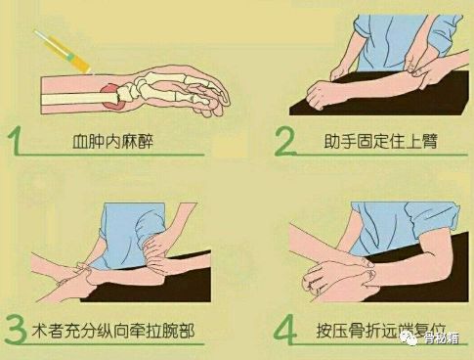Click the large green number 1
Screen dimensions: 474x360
click(16, 140)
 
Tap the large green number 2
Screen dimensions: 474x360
click(284, 141)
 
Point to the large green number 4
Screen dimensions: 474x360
click(284, 330)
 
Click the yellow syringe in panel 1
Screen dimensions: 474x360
click(63, 52)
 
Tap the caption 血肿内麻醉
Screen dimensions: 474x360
click(112, 141)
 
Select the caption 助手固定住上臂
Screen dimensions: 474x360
click(380, 141)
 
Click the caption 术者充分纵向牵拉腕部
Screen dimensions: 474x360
click(113, 330)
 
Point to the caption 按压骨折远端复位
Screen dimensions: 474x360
click(380, 330)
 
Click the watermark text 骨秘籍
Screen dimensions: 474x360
click(442, 338)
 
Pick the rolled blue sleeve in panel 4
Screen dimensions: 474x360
click(432, 217)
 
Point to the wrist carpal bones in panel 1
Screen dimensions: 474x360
click(128, 90)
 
